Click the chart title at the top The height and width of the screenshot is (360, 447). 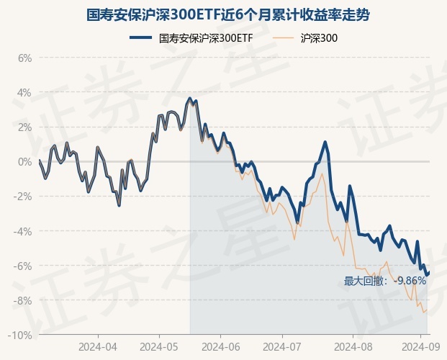223,14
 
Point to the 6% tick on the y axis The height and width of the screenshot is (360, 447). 24,58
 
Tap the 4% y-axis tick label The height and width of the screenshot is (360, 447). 24,92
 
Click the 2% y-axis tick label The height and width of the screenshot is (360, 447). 24,127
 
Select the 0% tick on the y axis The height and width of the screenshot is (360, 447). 24,161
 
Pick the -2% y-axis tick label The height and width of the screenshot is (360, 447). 23,196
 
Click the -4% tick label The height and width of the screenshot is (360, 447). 23,231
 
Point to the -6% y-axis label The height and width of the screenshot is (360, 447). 23,266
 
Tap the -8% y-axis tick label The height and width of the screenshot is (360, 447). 23,300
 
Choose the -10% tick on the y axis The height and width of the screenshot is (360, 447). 21,335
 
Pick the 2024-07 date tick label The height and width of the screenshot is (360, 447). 282,346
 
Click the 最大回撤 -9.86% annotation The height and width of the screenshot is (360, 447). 385,281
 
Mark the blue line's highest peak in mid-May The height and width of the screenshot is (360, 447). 189,98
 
